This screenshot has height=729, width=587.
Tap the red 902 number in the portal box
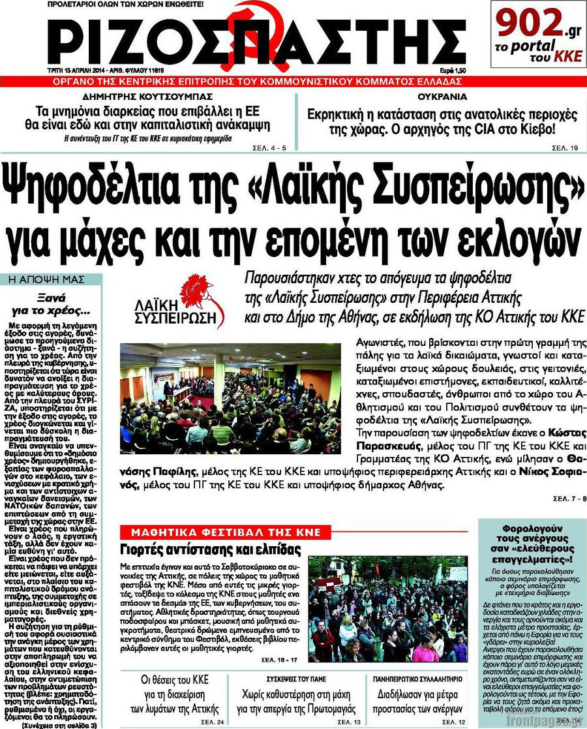click(524, 24)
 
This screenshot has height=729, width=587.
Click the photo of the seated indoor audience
click(230, 398)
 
